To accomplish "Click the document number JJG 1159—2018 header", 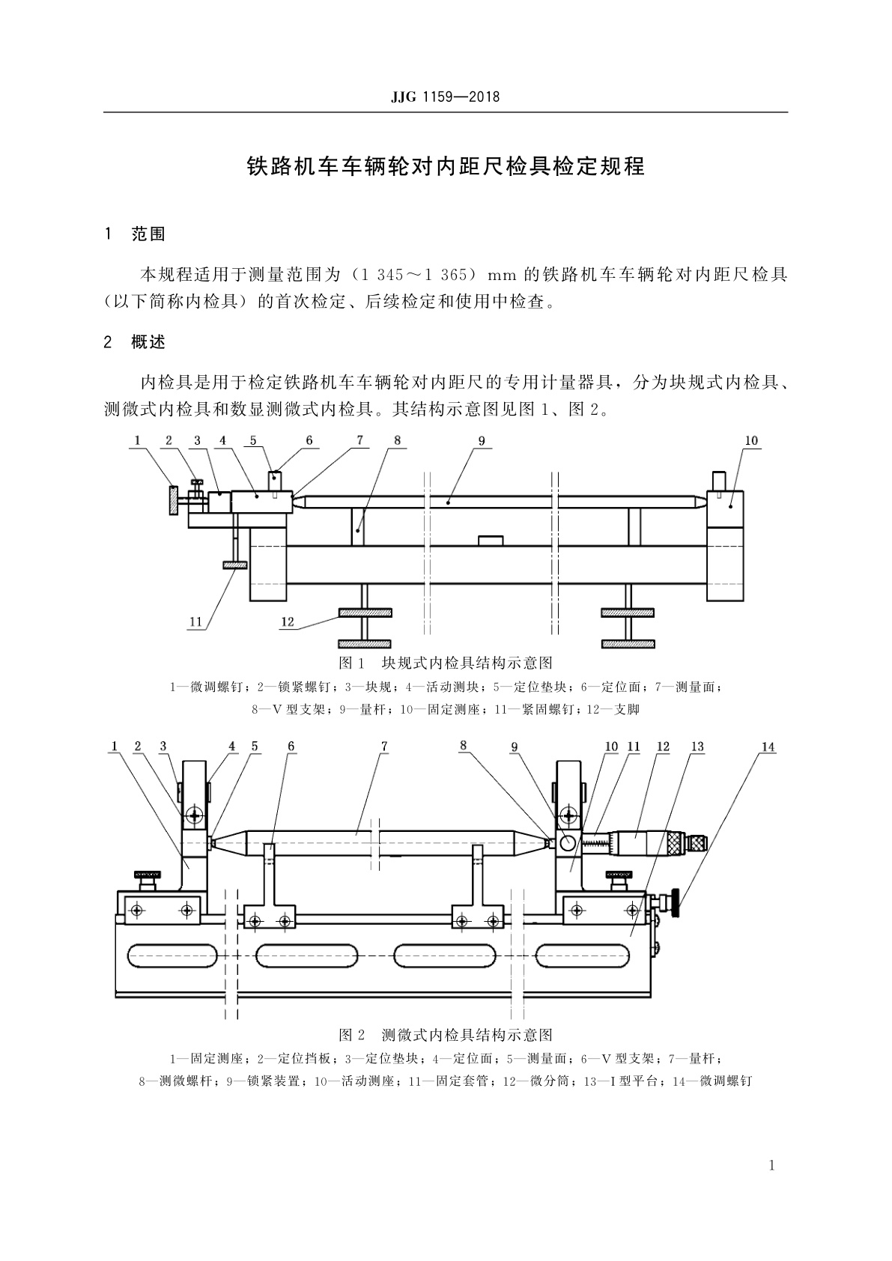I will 445,97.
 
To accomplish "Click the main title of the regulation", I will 446,166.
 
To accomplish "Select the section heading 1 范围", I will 136,234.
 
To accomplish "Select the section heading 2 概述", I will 136,343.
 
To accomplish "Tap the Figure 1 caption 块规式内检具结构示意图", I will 446,663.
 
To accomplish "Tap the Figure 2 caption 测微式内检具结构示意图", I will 446,1035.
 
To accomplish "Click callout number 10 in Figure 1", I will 751,441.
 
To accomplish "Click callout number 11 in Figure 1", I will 195,622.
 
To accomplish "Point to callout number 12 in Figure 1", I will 288,622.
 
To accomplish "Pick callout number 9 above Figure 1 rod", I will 482,441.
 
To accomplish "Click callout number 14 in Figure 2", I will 768,747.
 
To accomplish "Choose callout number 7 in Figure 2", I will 384,747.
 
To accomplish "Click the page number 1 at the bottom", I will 771,1165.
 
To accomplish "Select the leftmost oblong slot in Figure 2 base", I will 173,956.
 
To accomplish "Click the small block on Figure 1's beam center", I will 491,539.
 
